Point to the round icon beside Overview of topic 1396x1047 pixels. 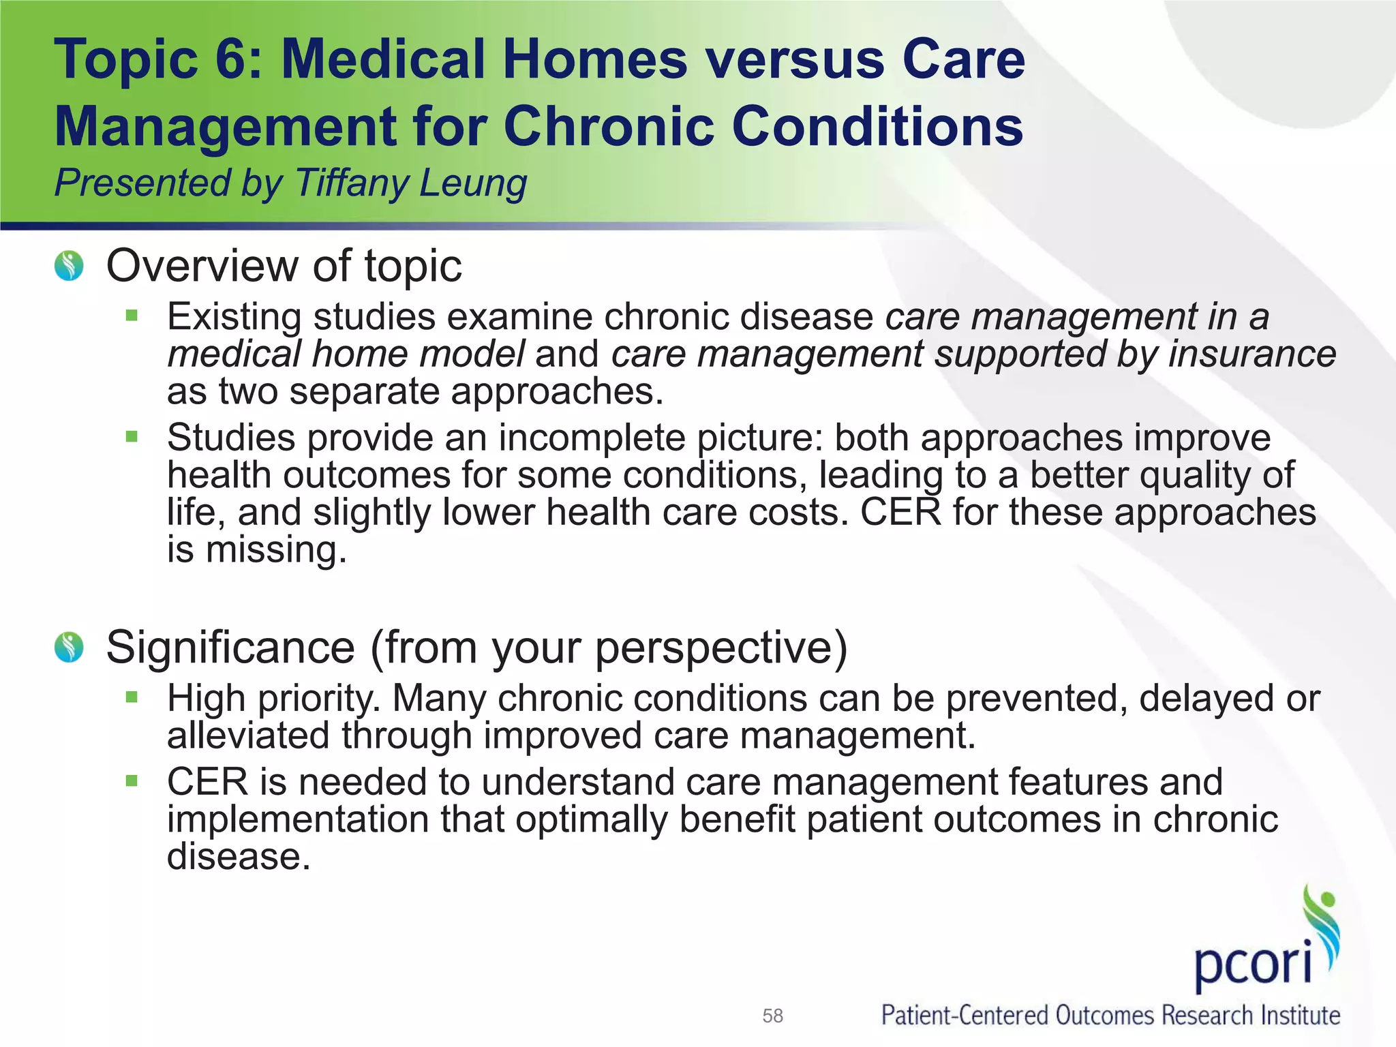click(x=69, y=266)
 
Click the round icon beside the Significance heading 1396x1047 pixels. click(x=69, y=647)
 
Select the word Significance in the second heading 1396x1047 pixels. click(x=230, y=647)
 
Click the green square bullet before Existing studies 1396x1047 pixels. click(x=132, y=316)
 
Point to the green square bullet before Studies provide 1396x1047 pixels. click(x=132, y=436)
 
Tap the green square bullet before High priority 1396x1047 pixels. click(x=132, y=697)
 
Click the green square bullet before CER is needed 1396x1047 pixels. click(x=132, y=781)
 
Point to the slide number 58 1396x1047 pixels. click(x=772, y=1016)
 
